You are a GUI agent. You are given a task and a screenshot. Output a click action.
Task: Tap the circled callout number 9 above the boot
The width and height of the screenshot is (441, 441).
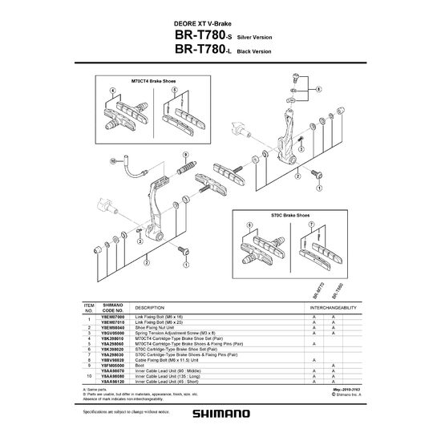[163, 153]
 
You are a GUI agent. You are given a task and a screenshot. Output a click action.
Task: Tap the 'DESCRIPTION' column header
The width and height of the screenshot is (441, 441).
[149, 308]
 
